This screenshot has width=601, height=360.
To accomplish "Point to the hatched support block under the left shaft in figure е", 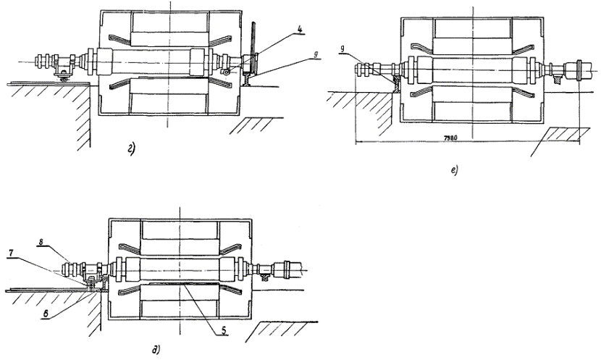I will tap(395, 86).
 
